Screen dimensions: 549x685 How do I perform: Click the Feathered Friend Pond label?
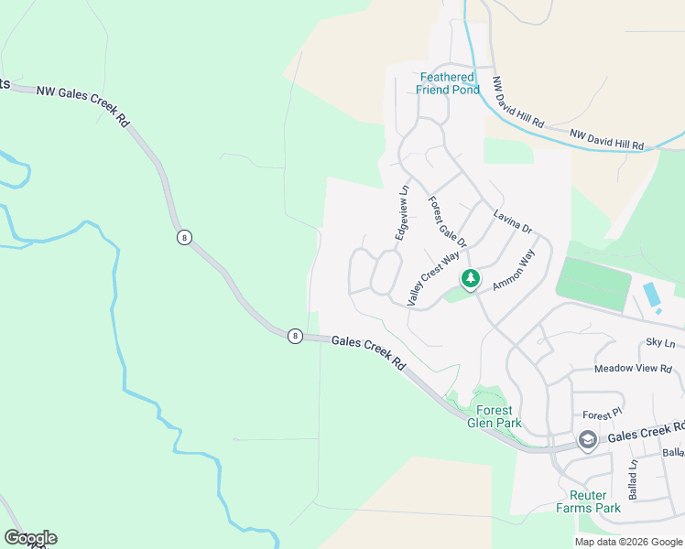(448, 83)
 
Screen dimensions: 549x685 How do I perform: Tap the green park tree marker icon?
(470, 278)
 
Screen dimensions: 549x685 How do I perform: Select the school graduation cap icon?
(587, 441)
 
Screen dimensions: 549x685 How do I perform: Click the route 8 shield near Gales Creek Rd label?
(294, 336)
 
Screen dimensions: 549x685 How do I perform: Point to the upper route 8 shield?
(185, 237)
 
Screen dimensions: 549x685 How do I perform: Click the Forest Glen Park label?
(494, 416)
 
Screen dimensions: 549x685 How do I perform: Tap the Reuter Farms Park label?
(588, 501)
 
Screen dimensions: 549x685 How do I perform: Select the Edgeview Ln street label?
(401, 213)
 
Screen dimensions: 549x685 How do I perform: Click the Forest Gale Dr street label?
(447, 222)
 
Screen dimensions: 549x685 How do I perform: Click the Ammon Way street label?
(513, 273)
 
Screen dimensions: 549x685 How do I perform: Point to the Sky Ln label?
(659, 342)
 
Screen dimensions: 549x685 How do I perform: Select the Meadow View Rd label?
(633, 368)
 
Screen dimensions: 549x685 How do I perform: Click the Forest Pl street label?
(602, 414)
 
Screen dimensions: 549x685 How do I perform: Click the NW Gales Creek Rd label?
(83, 103)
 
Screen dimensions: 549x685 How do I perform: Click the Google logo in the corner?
(30, 538)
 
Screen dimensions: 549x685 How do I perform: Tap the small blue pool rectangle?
(650, 295)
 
